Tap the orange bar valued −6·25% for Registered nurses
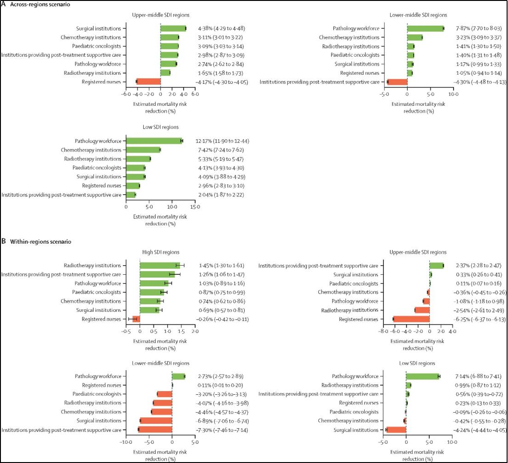411,319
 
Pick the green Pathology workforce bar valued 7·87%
425,28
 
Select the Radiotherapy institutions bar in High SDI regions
160,266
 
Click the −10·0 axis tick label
125,443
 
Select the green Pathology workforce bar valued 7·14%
422,376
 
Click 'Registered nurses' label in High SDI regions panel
101,319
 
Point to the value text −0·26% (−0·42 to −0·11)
223,319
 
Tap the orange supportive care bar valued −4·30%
397,82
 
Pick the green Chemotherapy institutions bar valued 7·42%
143,150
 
